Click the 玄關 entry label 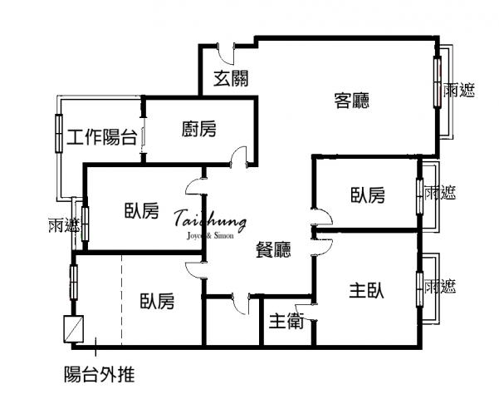pyautogui.click(x=231, y=78)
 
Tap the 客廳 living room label pyautogui.click(x=352, y=101)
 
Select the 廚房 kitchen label pyautogui.click(x=199, y=129)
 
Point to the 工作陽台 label pyautogui.click(x=102, y=137)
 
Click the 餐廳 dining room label pyautogui.click(x=273, y=249)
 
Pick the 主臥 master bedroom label pyautogui.click(x=366, y=290)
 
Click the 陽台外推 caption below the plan pyautogui.click(x=100, y=374)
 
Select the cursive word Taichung pyautogui.click(x=211, y=220)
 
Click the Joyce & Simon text pyautogui.click(x=210, y=235)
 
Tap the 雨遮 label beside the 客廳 pyautogui.click(x=459, y=90)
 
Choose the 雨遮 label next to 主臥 pyautogui.click(x=440, y=286)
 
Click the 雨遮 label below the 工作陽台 pyautogui.click(x=64, y=225)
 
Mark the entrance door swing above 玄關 pyautogui.click(x=226, y=53)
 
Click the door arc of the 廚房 pyautogui.click(x=239, y=155)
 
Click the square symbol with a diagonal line pyautogui.click(x=74, y=329)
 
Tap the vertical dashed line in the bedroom pyautogui.click(x=121, y=300)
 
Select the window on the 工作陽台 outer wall pyautogui.click(x=59, y=133)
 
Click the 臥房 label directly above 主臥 pyautogui.click(x=368, y=195)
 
